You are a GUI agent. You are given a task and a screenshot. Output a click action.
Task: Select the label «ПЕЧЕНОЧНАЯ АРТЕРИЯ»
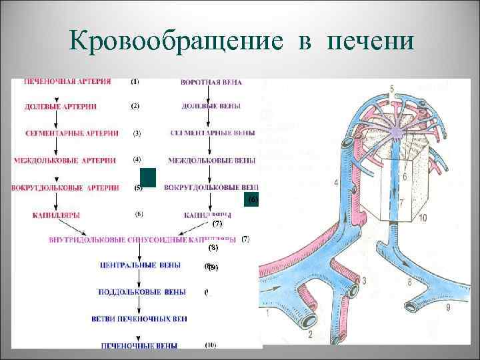tap(67, 82)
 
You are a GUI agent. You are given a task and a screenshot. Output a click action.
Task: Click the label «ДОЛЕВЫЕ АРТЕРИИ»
tap(61, 107)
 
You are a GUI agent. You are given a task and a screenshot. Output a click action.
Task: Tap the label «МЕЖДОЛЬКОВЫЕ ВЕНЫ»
tap(211, 161)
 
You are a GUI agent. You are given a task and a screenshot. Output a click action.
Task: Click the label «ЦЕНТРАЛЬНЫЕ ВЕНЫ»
tap(139, 265)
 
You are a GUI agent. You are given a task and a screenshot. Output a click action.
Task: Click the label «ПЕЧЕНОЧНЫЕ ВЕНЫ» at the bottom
tap(139, 345)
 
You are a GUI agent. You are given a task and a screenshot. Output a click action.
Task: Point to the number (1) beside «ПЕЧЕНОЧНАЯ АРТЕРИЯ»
tap(135, 82)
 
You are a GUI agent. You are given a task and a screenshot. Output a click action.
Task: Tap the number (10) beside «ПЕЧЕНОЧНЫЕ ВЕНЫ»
tap(210, 345)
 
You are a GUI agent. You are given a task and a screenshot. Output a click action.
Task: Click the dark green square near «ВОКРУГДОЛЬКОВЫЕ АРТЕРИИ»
tap(148, 177)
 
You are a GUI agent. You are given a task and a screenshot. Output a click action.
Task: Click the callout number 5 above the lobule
tap(391, 89)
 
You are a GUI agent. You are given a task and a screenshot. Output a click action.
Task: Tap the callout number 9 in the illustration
tap(448, 307)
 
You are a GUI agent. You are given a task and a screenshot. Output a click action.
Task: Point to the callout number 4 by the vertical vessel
tap(336, 183)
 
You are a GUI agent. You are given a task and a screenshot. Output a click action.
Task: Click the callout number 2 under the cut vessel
tap(310, 333)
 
